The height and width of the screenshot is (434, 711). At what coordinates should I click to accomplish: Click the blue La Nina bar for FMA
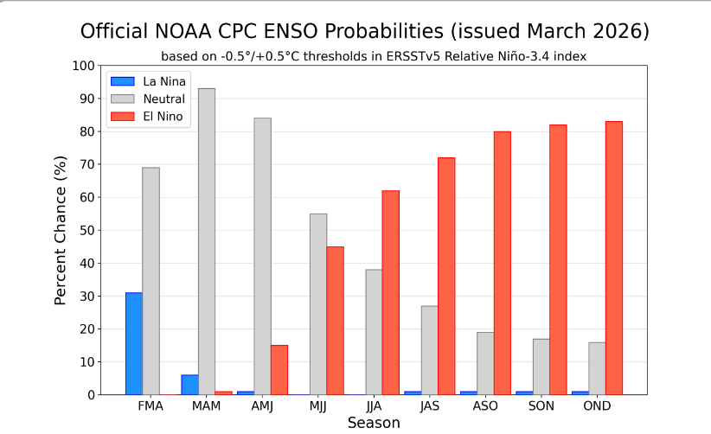pos(134,343)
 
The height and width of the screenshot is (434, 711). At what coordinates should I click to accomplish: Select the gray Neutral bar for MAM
pos(207,241)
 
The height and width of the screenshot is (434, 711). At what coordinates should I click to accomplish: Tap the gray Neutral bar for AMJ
pos(262,256)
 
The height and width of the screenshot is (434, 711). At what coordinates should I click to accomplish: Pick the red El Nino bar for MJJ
pos(335,321)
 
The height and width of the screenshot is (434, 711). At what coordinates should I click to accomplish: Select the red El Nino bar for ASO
pos(502,263)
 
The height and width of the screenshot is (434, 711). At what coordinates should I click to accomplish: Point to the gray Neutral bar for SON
pos(541,367)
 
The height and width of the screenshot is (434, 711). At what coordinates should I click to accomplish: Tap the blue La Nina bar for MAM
pos(189,385)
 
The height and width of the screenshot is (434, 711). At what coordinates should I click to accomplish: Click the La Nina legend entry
pos(164,81)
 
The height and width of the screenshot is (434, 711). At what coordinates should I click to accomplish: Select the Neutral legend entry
pos(163,99)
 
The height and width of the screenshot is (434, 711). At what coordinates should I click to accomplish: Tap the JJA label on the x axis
pos(374,406)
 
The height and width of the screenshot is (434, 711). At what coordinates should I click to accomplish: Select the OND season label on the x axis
pos(597,406)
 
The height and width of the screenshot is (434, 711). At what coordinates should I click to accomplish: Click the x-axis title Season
pos(374,423)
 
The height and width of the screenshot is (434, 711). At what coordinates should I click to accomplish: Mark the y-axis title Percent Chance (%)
pos(61,230)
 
